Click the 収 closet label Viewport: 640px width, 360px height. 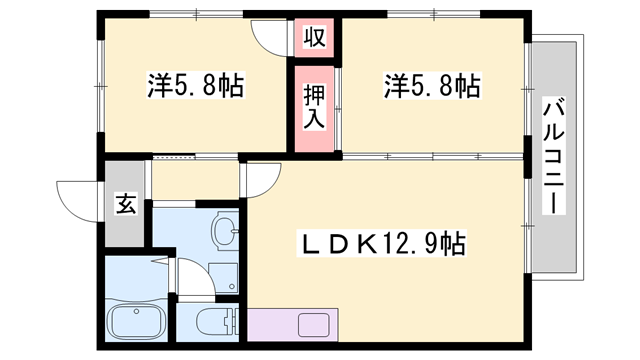[x=313, y=39]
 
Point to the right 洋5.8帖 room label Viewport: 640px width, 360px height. [x=431, y=86]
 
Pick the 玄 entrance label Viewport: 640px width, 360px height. [x=126, y=203]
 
